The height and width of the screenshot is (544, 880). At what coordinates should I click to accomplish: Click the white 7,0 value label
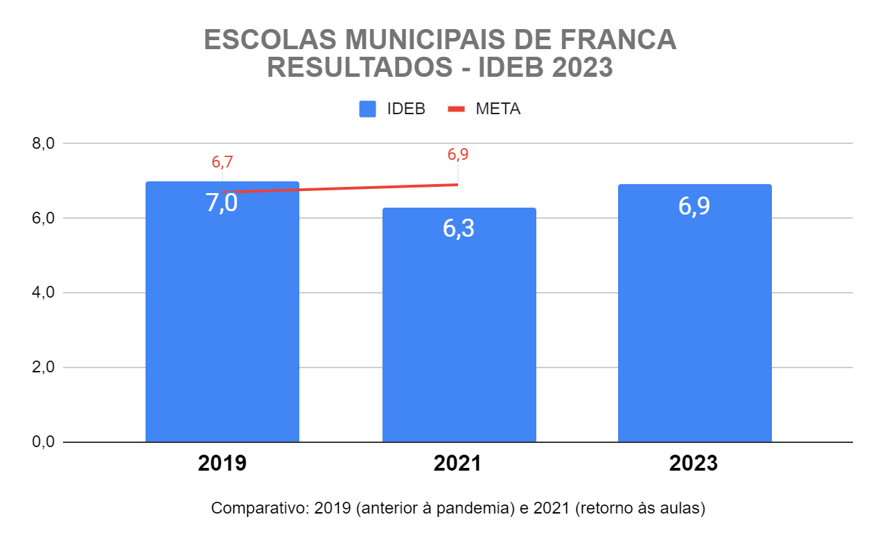222,203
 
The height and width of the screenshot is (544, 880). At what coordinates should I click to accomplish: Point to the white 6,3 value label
459,228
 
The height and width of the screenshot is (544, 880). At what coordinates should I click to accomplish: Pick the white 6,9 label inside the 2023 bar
694,206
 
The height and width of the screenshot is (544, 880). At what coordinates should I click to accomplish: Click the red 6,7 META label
222,163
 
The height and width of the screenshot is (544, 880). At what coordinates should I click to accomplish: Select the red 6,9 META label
458,155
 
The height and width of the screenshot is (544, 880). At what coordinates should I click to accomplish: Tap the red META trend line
346,188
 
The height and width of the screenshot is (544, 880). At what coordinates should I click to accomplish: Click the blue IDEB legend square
367,109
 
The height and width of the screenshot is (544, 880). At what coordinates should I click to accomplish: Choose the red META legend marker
455,109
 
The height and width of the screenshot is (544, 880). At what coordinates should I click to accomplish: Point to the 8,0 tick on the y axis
43,144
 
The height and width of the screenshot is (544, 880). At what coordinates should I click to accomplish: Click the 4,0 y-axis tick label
43,293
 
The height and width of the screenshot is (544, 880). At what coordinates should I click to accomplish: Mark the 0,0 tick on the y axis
43,442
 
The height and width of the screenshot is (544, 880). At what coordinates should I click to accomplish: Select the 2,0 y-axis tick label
43,368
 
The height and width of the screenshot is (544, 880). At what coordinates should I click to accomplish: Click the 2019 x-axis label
222,464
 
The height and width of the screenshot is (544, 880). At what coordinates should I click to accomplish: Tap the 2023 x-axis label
694,464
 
